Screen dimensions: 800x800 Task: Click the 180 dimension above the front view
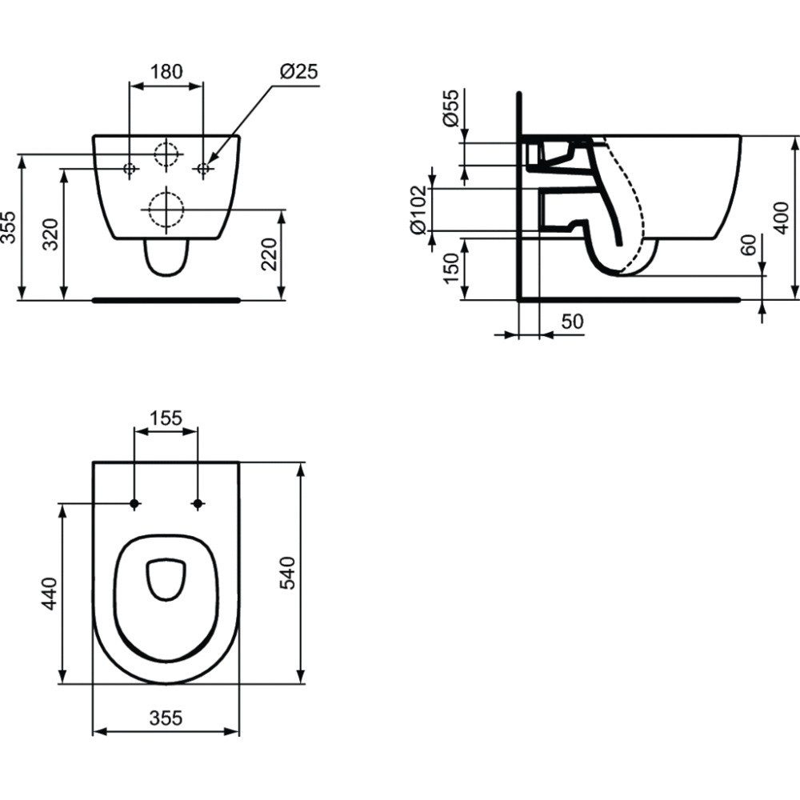pyautogui.click(x=166, y=71)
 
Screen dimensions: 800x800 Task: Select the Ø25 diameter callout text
pyautogui.click(x=298, y=71)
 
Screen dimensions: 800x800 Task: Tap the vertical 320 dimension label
pyautogui.click(x=50, y=234)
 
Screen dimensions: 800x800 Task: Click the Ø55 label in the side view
pyautogui.click(x=451, y=107)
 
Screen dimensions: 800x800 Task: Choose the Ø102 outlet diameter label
pyautogui.click(x=418, y=210)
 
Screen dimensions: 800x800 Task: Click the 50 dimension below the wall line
pyautogui.click(x=572, y=322)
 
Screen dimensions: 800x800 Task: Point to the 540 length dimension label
pyautogui.click(x=288, y=573)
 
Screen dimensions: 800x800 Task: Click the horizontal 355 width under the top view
pyautogui.click(x=166, y=718)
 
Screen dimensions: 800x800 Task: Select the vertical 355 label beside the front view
pyautogui.click(x=8, y=227)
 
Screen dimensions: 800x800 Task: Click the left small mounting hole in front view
pyautogui.click(x=130, y=168)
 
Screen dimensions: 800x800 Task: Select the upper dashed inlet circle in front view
pyautogui.click(x=166, y=154)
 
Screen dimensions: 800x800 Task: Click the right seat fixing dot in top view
pyautogui.click(x=198, y=503)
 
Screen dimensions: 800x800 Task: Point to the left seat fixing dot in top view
pyautogui.click(x=134, y=503)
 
